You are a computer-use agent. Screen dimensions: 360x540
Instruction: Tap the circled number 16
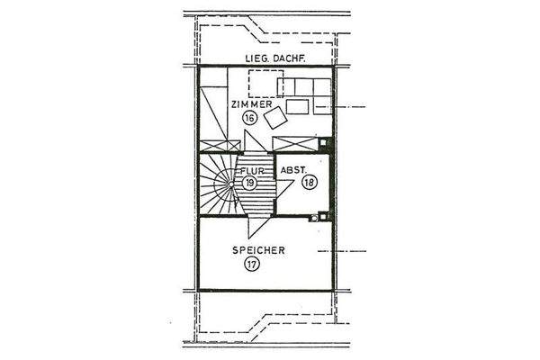(250, 118)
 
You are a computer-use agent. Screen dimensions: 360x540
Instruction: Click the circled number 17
(251, 265)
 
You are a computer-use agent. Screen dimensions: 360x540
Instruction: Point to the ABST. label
(294, 168)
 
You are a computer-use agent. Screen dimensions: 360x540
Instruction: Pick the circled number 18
(310, 182)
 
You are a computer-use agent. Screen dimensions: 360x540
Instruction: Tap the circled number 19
(250, 182)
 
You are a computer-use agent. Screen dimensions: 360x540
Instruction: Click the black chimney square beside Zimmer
(325, 143)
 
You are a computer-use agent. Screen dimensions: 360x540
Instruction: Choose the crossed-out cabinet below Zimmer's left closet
(220, 146)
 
